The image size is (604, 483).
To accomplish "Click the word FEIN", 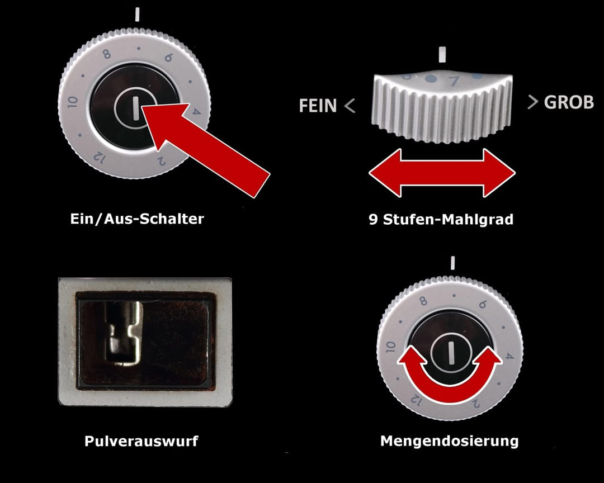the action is [x=318, y=105].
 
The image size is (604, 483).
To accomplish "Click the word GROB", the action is [x=569, y=102].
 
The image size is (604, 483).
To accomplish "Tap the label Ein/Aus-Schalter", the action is [x=137, y=219].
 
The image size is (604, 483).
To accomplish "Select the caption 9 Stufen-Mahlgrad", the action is [x=441, y=219].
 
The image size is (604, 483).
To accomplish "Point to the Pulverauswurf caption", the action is [x=141, y=441].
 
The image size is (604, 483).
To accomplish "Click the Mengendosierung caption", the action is [x=450, y=441].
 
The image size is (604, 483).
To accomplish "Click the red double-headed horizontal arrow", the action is [x=442, y=173].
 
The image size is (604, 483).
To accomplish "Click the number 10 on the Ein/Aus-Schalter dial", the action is [x=72, y=102].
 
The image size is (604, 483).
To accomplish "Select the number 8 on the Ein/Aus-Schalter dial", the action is [x=107, y=54].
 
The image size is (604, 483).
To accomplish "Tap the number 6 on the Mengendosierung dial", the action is [x=483, y=305].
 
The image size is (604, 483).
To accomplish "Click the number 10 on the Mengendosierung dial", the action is [x=390, y=347].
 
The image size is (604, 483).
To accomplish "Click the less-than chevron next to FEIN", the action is [x=350, y=106].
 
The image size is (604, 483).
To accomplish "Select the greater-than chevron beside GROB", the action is [x=533, y=102].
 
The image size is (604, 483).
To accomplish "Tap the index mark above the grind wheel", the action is [x=442, y=55].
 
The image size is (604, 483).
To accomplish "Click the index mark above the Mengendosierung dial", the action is [x=452, y=263].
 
